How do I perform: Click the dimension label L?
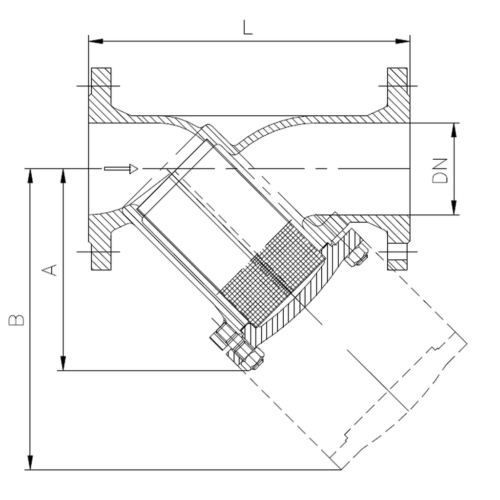[248, 27]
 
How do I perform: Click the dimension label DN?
[440, 170]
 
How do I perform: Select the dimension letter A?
[51, 270]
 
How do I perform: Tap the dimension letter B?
[17, 320]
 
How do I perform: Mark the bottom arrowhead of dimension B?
[30, 463]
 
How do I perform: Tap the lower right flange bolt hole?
[396, 252]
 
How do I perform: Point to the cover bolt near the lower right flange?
[357, 254]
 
